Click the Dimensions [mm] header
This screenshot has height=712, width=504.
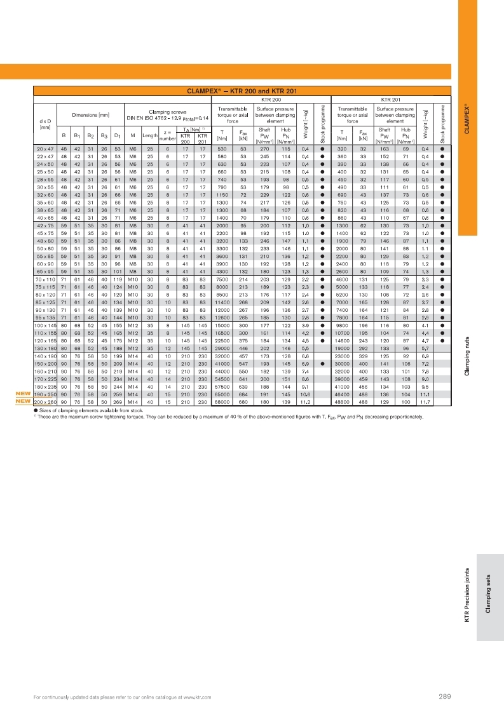pos(91,114)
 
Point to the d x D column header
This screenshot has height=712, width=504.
pos(44,121)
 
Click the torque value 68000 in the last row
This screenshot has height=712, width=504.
pos(222,402)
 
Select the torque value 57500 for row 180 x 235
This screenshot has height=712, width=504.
pos(222,386)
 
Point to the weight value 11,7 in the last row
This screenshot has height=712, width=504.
pos(425,402)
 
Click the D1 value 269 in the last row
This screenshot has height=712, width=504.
pos(117,402)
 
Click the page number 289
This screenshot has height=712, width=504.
pos(444,697)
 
